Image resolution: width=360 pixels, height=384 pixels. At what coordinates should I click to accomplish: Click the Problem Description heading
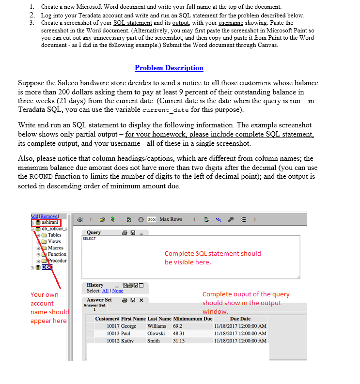click(169, 68)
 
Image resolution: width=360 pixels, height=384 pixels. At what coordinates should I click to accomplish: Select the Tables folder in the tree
click(54, 235)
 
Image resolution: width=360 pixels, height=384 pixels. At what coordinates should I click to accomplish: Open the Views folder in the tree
click(54, 241)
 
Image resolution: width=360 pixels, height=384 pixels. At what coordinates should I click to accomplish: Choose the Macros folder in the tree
click(56, 247)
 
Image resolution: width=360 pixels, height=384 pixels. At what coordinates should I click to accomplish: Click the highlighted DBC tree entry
click(46, 267)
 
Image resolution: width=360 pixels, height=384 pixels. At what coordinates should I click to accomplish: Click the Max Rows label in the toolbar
click(171, 219)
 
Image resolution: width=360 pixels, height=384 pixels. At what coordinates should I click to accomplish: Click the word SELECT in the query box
click(89, 239)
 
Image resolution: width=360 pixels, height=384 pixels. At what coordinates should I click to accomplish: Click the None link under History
click(118, 291)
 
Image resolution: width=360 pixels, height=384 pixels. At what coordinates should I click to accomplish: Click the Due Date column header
click(240, 319)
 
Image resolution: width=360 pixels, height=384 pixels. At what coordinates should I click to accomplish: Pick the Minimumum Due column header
click(193, 319)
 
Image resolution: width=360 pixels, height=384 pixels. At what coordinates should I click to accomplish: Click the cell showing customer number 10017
click(113, 326)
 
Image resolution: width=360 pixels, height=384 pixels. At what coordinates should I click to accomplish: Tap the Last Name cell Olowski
click(157, 333)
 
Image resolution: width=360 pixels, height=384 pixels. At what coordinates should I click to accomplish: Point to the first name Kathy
click(127, 340)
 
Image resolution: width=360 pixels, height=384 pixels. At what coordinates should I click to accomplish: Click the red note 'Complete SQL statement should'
click(212, 253)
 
